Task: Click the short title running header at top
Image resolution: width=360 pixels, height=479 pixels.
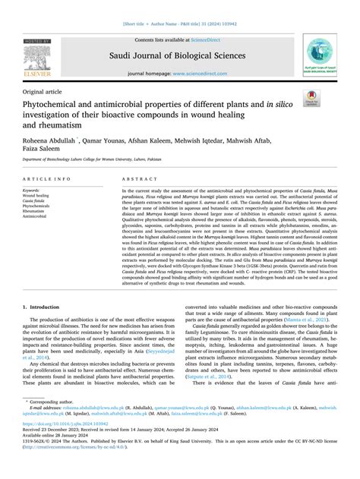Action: (179, 24)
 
